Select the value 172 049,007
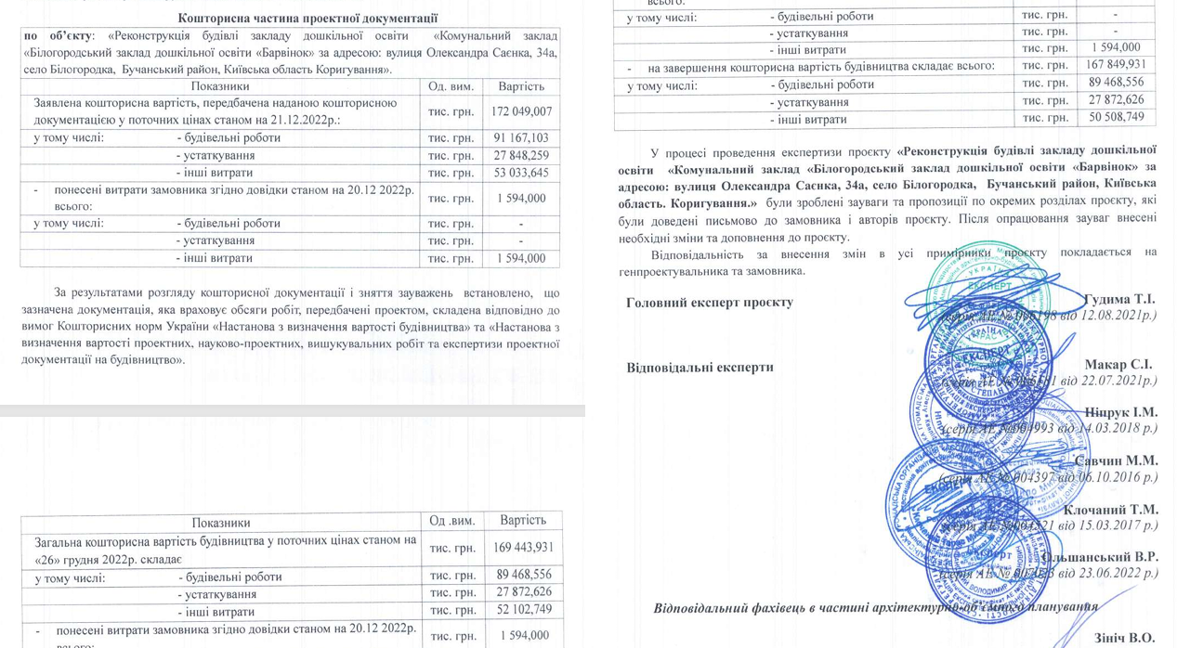coord(518,111)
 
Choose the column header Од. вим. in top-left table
coord(451,86)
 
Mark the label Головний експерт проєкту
coord(710,302)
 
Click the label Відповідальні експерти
coord(700,367)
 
